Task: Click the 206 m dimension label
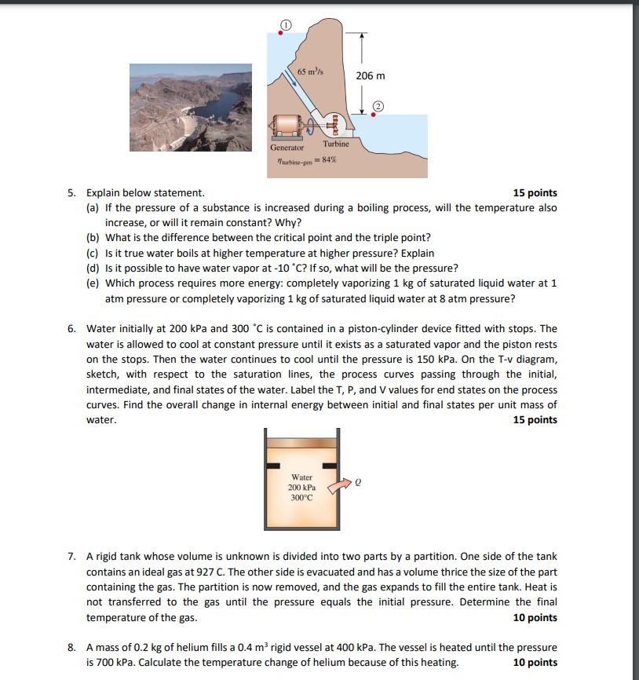(371, 76)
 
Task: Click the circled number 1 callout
(287, 26)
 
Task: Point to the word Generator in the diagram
(287, 148)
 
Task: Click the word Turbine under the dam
(336, 144)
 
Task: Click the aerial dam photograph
(191, 108)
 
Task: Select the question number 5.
(71, 193)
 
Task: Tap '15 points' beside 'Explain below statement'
(535, 193)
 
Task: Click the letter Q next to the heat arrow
(358, 484)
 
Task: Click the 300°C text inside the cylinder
(302, 498)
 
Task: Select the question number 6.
(71, 329)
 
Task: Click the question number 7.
(71, 557)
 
